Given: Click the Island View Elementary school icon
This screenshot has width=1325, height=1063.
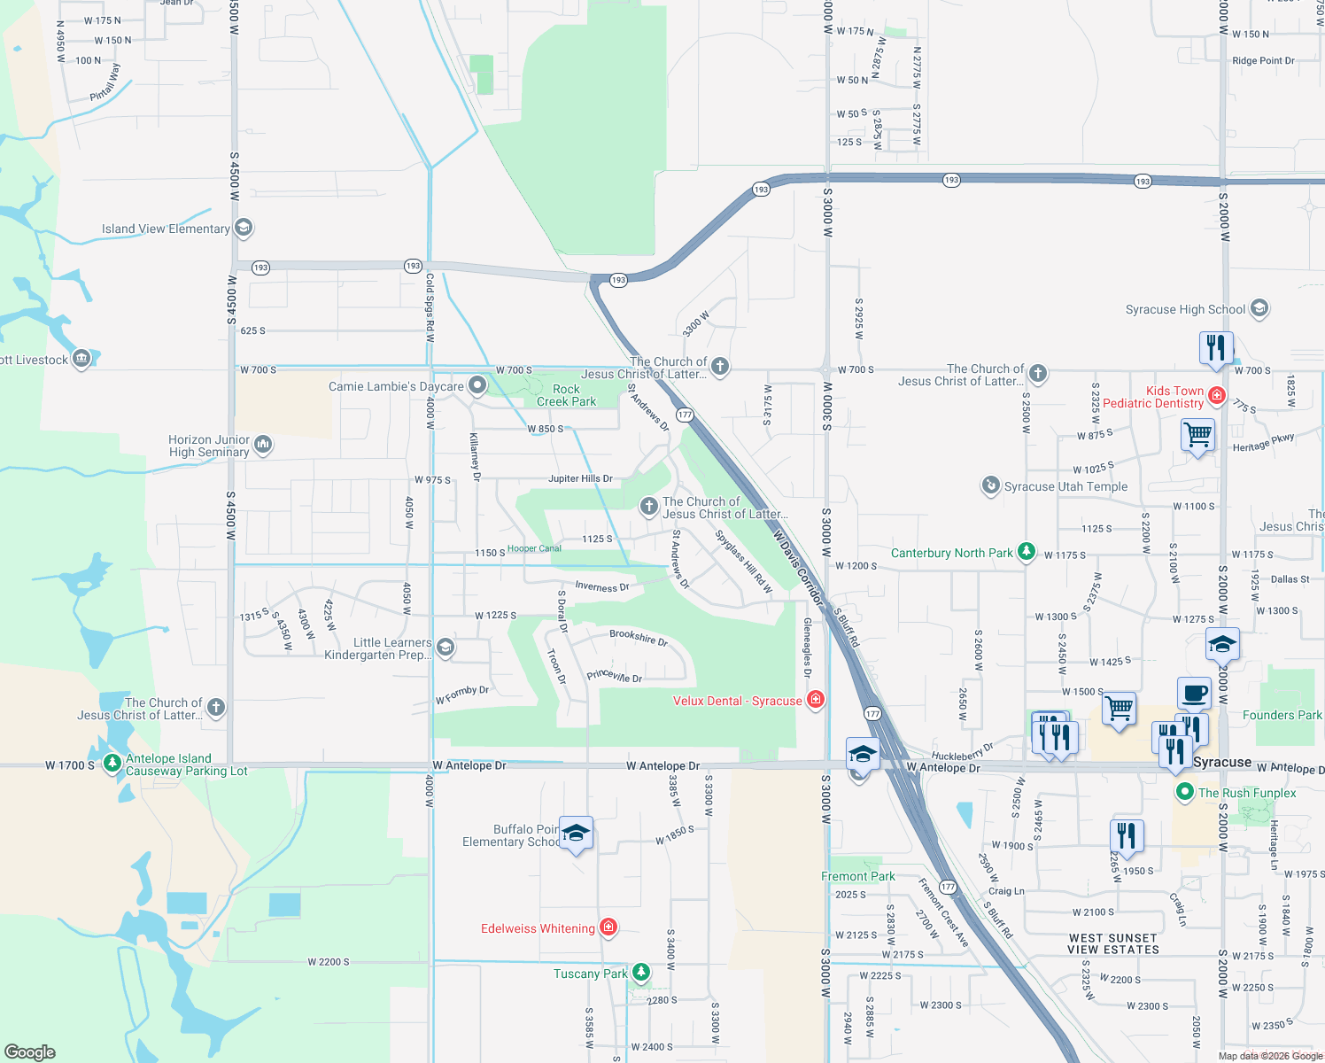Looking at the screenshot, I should tap(244, 228).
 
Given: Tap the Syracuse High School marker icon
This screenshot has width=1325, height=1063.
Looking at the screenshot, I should tap(1259, 308).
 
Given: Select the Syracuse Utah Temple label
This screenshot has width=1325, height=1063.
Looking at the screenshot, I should tap(1065, 486).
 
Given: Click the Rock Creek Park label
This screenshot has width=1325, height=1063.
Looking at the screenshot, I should tap(566, 395).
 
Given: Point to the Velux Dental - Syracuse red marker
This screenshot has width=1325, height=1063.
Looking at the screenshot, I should tap(816, 700).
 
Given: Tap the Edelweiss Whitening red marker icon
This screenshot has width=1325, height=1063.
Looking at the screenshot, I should tap(608, 927).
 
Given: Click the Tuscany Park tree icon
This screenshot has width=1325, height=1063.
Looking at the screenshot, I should tap(640, 973).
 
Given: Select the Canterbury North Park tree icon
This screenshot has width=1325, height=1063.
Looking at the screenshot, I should tap(1026, 552).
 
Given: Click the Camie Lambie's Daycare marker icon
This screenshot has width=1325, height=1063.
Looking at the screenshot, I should tap(477, 385).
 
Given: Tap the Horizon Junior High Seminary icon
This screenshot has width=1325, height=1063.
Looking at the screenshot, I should tap(263, 445).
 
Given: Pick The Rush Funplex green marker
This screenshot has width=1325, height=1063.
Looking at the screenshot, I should tap(1184, 791).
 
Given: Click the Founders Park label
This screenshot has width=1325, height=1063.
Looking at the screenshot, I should tap(1282, 715).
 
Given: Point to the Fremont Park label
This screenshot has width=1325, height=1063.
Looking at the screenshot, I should tap(857, 876).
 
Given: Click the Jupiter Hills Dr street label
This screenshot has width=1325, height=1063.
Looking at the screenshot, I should tap(580, 478).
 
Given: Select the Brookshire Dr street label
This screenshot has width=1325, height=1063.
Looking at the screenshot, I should tap(638, 637).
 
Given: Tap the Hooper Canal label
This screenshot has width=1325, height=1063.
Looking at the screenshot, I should tap(534, 548).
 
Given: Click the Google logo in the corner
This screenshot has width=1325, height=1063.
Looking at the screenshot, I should tap(30, 1051).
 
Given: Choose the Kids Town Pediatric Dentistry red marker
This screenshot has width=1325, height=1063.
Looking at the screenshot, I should tap(1217, 395).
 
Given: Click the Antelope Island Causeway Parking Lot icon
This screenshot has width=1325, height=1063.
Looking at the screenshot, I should tap(112, 763).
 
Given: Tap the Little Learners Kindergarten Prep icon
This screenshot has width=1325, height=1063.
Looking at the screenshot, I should tap(446, 648).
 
